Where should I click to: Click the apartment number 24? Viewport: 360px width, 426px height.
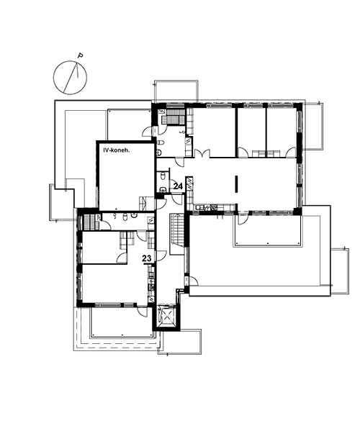178,186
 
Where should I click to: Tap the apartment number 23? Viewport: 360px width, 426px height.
147,258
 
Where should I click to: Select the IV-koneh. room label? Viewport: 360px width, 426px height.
117,150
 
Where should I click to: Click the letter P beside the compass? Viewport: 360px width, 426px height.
80,55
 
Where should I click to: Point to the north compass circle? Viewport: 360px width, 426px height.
70,78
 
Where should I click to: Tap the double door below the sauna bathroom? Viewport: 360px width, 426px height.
202,153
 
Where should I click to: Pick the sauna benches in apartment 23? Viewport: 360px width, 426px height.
89,219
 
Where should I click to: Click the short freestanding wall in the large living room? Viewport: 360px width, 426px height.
237,184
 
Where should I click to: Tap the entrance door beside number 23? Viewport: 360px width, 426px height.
161,256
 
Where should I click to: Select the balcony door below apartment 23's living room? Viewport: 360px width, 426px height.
142,312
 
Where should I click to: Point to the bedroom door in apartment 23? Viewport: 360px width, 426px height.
122,258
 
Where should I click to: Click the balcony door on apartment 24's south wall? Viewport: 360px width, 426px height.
243,219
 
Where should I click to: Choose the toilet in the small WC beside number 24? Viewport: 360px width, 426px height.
163,176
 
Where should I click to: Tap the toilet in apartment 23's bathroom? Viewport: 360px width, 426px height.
125,217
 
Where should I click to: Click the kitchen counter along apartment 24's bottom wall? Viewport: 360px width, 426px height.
212,207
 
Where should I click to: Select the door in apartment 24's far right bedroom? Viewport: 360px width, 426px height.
291,153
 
